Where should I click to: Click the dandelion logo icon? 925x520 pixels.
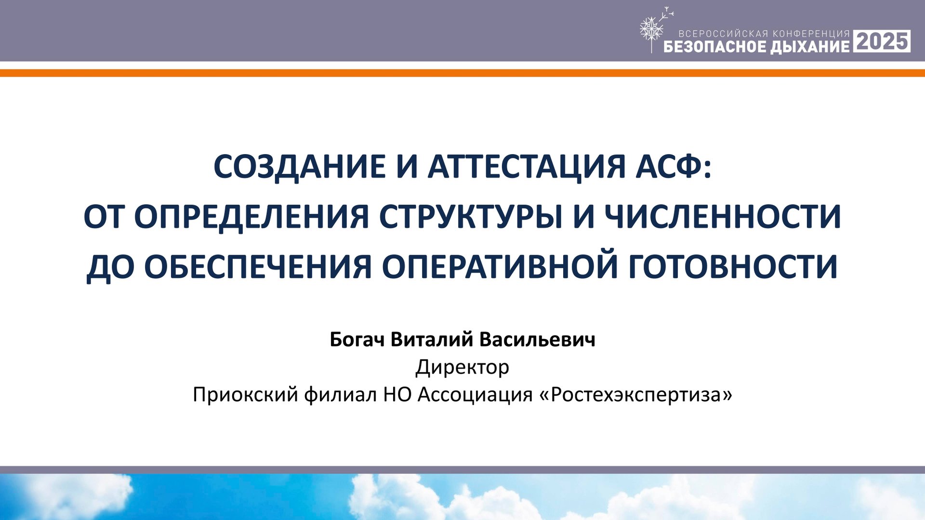click(651, 30)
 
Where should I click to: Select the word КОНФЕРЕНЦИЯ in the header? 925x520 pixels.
click(811, 34)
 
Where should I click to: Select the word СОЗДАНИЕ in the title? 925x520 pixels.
click(299, 167)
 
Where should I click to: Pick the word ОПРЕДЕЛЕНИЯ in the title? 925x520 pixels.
click(251, 217)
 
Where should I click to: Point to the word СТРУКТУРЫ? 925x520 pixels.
click(471, 217)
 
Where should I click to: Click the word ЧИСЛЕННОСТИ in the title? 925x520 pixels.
click(723, 217)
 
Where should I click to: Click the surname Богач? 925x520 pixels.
click(357, 340)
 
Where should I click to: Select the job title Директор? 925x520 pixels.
click(462, 367)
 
